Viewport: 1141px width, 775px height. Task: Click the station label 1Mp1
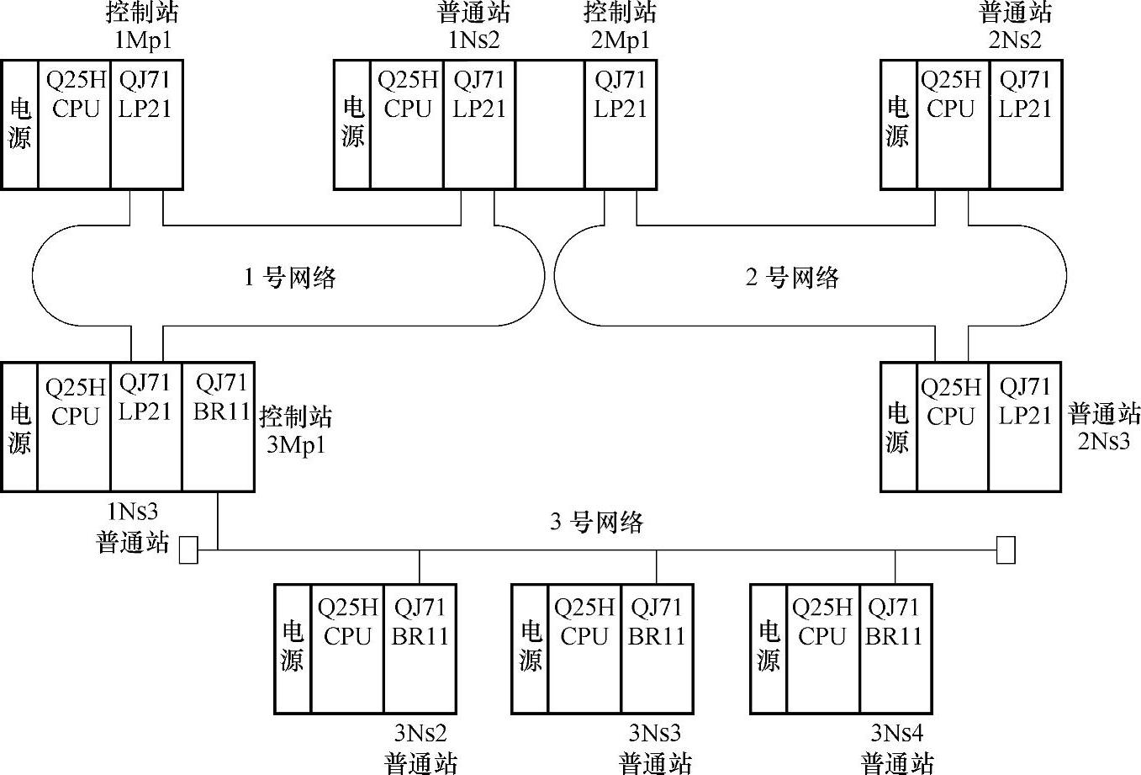pos(143,39)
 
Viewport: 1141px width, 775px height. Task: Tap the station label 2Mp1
pos(621,39)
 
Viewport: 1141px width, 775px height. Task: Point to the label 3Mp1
pos(295,443)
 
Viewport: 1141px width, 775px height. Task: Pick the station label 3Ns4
pos(897,734)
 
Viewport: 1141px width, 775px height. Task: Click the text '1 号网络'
pos(289,277)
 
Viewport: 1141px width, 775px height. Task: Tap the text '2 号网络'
pos(792,277)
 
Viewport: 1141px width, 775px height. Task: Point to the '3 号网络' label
pos(596,523)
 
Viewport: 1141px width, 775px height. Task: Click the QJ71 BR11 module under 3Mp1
pos(219,427)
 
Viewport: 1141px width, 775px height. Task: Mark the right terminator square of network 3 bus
pos(1006,549)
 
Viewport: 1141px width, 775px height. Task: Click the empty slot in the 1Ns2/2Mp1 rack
pos(550,125)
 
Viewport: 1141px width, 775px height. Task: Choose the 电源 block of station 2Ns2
pos(898,125)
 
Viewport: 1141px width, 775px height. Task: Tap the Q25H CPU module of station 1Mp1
pos(74,125)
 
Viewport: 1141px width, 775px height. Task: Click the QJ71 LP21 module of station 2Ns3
pos(1024,427)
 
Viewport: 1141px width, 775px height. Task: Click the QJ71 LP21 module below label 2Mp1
pos(621,125)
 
